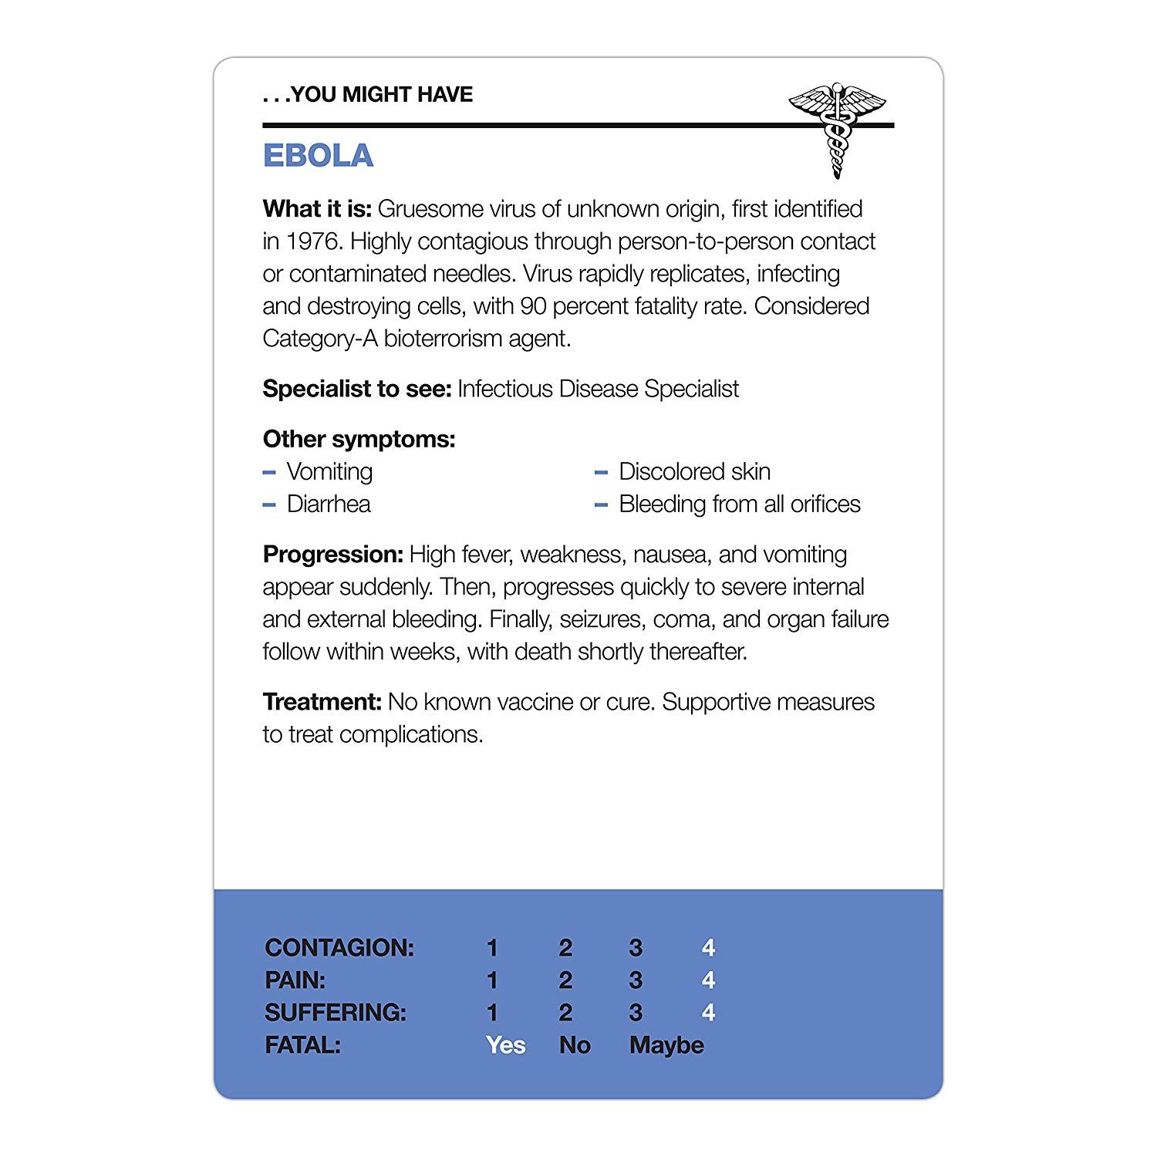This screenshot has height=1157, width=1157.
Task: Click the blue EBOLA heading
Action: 318,156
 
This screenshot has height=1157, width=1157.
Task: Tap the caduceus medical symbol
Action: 837,127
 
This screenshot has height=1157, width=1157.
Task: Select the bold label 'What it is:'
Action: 317,209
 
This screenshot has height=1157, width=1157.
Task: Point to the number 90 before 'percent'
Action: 533,306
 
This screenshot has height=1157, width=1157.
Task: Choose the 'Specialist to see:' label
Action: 356,389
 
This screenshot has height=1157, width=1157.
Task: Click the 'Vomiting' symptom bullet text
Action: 329,471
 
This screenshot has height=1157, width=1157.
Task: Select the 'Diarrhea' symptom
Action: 329,504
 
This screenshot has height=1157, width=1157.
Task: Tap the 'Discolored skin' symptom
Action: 694,471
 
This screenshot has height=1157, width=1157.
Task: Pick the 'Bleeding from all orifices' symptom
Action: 739,504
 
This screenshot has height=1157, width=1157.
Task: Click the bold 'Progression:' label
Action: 332,555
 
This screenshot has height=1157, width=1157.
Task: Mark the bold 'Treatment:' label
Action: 322,702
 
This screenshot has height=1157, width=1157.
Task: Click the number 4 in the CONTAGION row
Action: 708,947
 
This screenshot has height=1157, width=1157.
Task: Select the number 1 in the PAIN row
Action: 492,980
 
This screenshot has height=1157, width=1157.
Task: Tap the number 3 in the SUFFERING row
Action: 636,1013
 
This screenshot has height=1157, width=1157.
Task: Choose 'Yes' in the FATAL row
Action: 506,1045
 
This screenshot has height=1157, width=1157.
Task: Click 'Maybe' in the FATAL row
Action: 666,1045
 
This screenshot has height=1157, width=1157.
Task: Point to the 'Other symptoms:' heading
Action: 359,440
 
